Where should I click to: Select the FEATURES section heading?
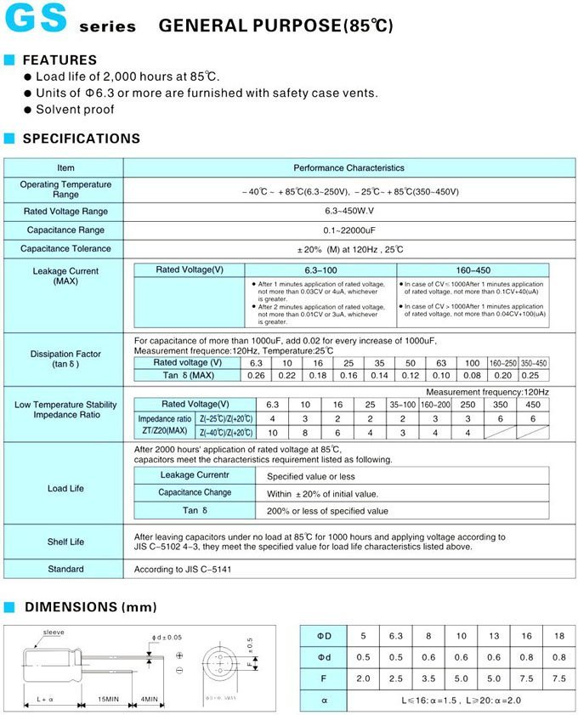59,60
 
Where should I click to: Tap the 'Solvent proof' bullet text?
75,110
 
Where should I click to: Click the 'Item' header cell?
66,168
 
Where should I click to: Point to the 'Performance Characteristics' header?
348,168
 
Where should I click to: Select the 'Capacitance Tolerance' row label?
66,249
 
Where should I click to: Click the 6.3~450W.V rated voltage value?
348,211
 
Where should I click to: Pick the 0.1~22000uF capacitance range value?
348,230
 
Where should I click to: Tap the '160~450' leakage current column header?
473,270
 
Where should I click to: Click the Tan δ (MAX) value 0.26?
256,376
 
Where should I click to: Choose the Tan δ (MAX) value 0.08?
472,376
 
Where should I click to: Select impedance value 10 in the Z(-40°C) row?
272,433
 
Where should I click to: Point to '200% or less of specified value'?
327,511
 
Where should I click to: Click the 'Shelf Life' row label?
66,542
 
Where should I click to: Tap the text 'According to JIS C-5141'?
184,569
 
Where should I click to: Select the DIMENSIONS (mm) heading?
82,607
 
